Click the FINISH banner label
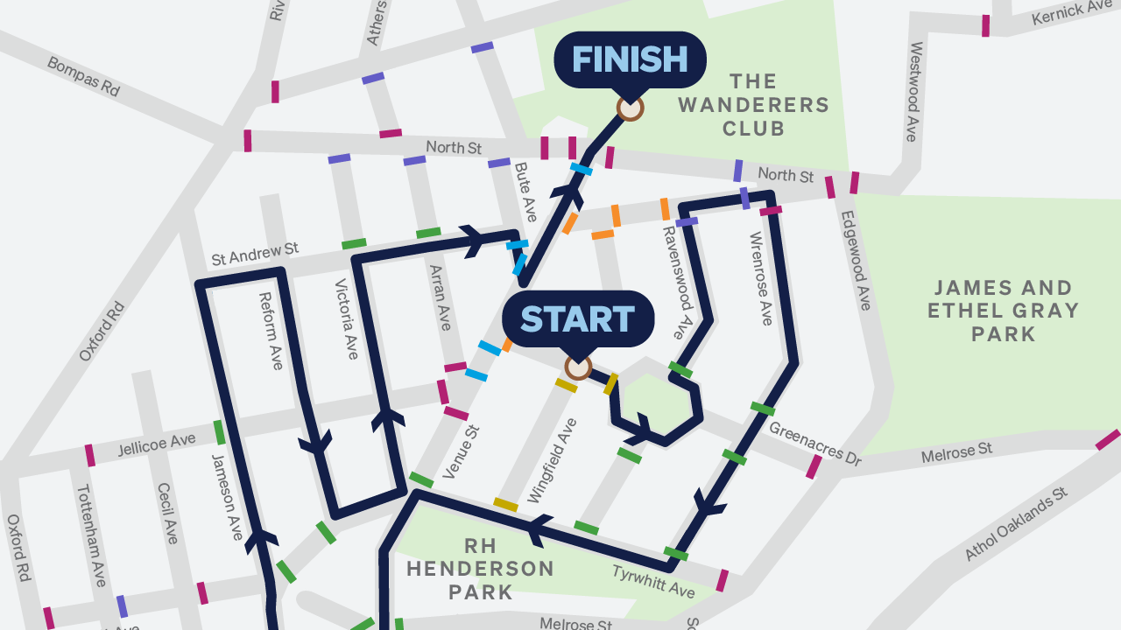(630, 59)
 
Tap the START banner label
(578, 319)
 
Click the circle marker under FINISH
(630, 108)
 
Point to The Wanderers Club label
(753, 105)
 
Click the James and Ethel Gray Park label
(1003, 311)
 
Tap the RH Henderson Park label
(480, 569)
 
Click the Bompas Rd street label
(83, 76)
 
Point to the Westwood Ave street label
(914, 92)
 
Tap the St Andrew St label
(255, 255)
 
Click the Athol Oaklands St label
(1017, 525)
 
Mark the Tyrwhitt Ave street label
(652, 582)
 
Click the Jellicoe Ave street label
(157, 446)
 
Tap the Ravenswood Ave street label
(678, 283)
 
